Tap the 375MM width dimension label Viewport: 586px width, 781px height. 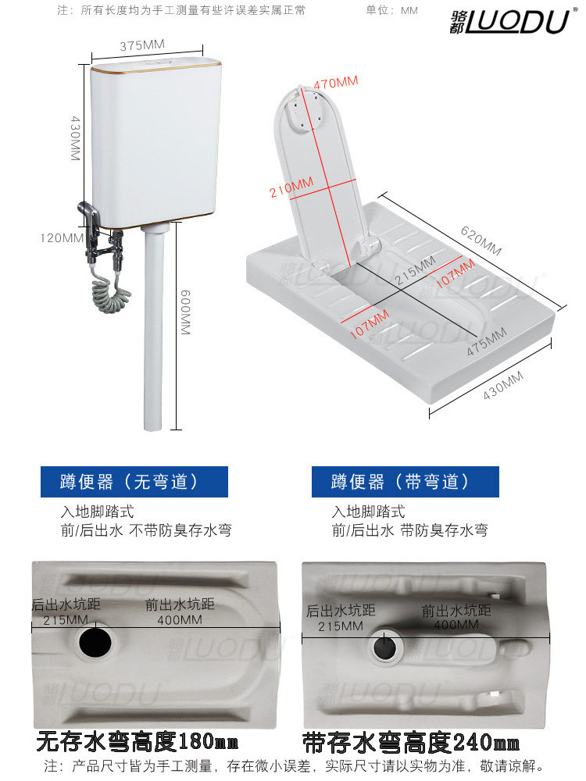(x=142, y=45)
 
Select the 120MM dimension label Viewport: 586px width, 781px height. (x=61, y=238)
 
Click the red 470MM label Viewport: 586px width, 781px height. (x=335, y=83)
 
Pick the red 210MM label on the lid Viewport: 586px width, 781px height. (x=291, y=187)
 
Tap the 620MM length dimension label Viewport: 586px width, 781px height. (x=481, y=241)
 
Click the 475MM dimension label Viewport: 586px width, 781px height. (x=487, y=342)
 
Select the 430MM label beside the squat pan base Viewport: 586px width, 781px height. (x=502, y=385)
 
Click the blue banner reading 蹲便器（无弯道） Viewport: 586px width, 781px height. (x=134, y=482)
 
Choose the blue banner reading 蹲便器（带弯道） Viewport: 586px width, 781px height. (x=405, y=482)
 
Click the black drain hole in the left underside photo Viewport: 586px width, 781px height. (x=95, y=641)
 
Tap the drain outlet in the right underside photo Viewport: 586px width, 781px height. (x=385, y=647)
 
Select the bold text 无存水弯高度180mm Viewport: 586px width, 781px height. (x=137, y=742)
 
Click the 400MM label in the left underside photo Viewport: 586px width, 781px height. (x=180, y=620)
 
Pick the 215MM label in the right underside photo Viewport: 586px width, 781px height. (x=341, y=626)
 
